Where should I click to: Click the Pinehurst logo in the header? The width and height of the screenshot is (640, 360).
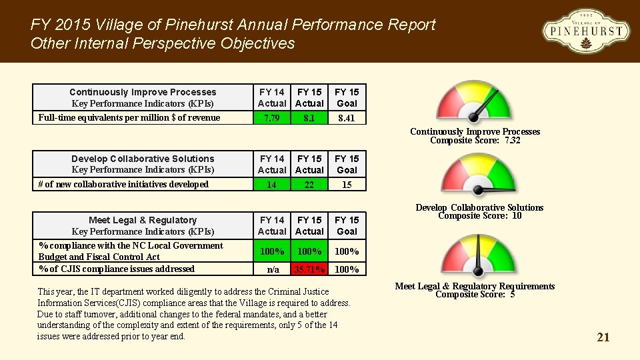pos(585,31)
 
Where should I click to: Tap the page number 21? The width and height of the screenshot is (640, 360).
pos(603,337)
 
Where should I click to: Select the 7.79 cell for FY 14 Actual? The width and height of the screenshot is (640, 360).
pos(271,118)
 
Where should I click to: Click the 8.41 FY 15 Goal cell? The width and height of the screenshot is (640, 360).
pos(347,118)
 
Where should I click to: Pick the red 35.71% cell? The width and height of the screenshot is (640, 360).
pos(309,269)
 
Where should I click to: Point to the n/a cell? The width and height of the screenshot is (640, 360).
pos(273,269)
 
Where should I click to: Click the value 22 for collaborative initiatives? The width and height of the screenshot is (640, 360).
pos(309,185)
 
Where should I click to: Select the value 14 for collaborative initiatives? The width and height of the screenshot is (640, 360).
pos(271,185)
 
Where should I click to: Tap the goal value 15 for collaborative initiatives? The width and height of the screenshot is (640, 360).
pos(347,185)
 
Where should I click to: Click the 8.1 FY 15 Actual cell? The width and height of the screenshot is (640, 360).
pos(309,118)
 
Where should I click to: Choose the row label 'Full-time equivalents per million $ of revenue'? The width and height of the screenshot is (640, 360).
pos(129,118)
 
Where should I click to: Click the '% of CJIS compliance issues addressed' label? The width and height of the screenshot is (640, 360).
pos(117,269)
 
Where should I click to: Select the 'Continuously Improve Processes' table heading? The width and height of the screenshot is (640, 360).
pos(143,92)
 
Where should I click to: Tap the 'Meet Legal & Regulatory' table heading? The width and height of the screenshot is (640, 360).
pos(143,220)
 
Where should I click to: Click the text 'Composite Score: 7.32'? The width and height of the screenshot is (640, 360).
pos(475,141)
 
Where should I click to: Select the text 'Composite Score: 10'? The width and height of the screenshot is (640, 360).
pos(479,216)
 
